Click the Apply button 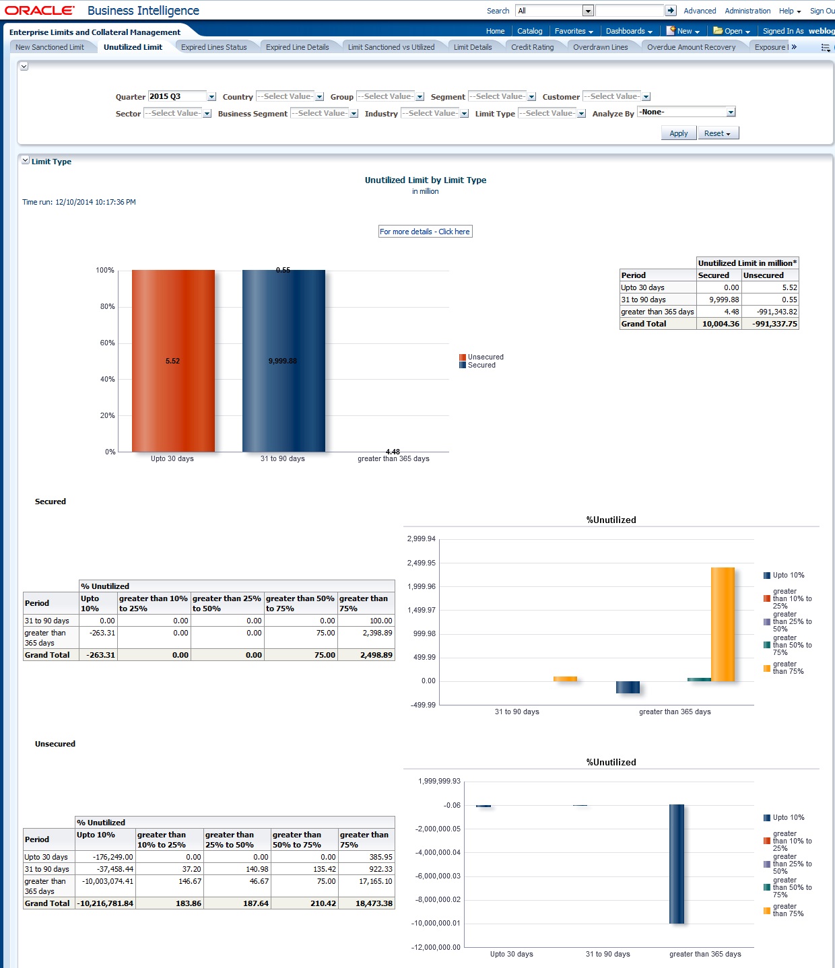[678, 133]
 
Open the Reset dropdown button [717, 133]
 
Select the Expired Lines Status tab [213, 47]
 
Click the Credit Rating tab [532, 47]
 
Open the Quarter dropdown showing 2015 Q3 [211, 97]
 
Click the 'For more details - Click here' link [425, 232]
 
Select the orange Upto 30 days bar [173, 361]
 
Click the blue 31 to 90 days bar [283, 361]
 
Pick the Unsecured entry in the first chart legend [485, 357]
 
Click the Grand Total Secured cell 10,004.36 [720, 324]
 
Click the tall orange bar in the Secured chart [723, 624]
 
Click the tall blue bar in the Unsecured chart [677, 864]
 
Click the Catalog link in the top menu [529, 31]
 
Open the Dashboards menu [628, 31]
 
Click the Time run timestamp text [79, 202]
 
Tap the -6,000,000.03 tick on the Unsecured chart [438, 876]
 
